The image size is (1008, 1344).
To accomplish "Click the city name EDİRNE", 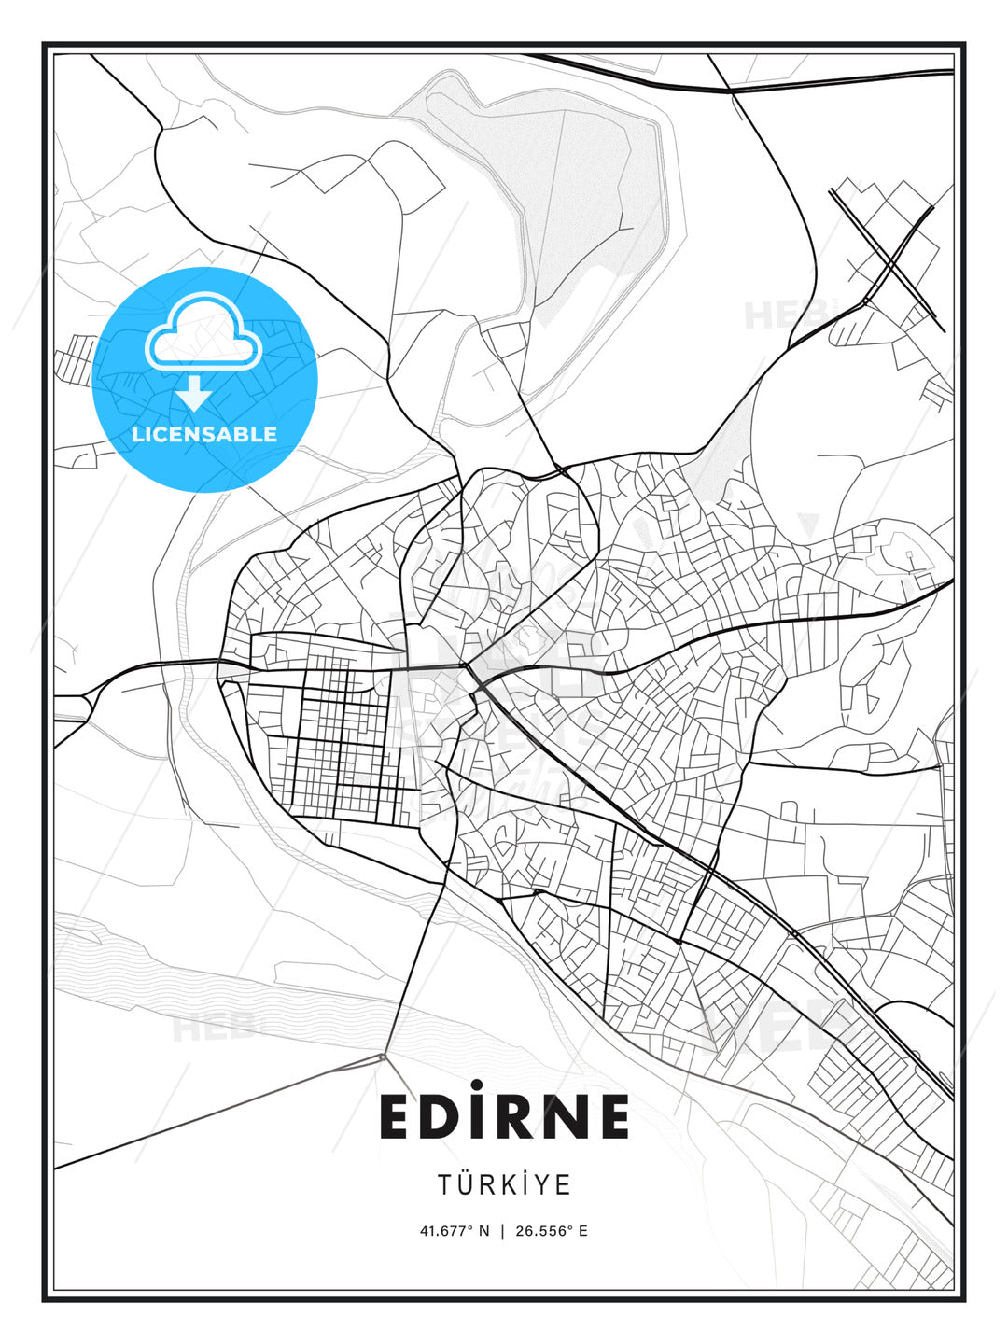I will [x=504, y=1116].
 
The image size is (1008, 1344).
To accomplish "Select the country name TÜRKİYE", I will [x=504, y=1184].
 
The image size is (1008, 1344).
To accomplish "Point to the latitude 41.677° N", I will [x=455, y=1230].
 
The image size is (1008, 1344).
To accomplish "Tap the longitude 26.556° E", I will [x=551, y=1230].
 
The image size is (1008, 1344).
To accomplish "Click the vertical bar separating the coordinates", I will [x=503, y=1230].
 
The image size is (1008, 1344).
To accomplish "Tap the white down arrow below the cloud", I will [x=194, y=393].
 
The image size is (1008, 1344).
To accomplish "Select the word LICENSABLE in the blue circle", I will [x=204, y=434].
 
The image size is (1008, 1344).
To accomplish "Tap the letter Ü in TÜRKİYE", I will [x=467, y=1183].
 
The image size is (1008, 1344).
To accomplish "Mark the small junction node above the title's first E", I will [x=383, y=1056].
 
